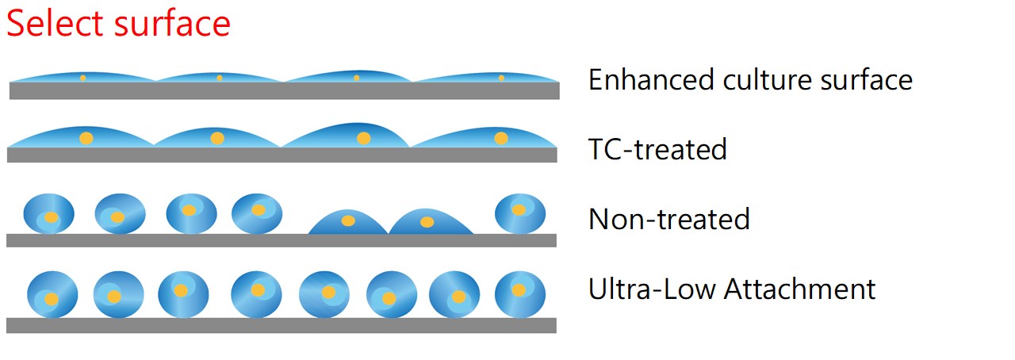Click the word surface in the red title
click(172, 24)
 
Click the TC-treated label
click(657, 149)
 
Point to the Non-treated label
click(668, 219)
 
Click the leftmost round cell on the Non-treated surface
click(48, 214)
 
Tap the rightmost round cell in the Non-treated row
click(520, 213)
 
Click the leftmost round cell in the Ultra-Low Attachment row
click(52, 295)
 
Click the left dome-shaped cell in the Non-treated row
click(347, 223)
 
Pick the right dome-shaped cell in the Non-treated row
click(429, 223)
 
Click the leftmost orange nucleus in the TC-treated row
click(86, 138)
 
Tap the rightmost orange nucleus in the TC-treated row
click(501, 138)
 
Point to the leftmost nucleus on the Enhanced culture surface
click(82, 78)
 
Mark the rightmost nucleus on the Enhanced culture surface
click(501, 78)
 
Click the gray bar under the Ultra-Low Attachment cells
click(281, 325)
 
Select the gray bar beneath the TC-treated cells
click(282, 155)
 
